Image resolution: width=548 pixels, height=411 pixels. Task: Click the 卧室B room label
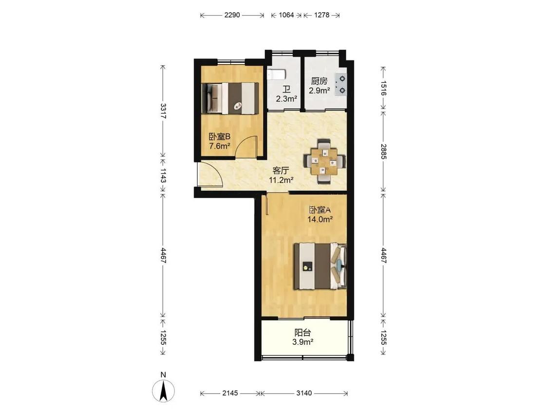click(x=220, y=136)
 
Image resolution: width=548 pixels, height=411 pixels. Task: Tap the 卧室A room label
click(x=320, y=210)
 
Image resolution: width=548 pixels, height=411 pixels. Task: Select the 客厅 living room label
click(x=281, y=171)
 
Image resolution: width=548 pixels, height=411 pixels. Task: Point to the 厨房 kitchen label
click(x=320, y=81)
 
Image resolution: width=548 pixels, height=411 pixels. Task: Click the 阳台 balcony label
click(x=302, y=333)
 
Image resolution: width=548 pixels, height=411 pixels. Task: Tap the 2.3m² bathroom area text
click(x=286, y=99)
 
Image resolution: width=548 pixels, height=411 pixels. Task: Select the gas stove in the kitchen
click(x=340, y=85)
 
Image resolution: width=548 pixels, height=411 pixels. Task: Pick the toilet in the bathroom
click(x=277, y=74)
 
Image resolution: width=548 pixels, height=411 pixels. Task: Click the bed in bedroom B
click(x=230, y=98)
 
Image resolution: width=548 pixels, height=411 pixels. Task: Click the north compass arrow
click(x=163, y=391)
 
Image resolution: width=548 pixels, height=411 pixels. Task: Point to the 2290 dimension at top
click(x=232, y=15)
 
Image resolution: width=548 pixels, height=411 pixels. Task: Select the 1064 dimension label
click(x=286, y=15)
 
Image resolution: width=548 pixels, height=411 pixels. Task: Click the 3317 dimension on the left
click(x=163, y=111)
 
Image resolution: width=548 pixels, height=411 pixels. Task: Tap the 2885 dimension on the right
click(x=383, y=151)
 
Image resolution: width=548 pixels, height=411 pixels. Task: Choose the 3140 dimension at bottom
click(x=304, y=393)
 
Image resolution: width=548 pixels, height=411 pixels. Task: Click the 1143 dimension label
click(x=163, y=175)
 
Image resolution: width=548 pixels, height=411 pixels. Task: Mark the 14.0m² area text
click(x=320, y=220)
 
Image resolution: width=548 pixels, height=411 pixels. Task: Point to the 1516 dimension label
click(x=383, y=88)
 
